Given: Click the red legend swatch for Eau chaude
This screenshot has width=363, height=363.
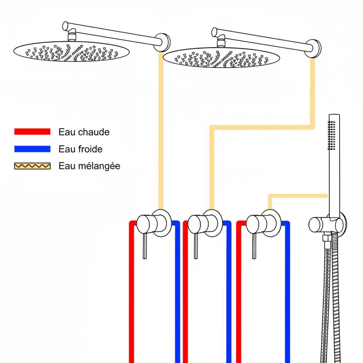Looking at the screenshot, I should coord(32,132).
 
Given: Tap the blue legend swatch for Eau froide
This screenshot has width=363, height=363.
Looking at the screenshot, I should coord(32,149).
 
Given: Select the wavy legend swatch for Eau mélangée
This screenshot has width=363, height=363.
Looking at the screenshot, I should coord(32,166).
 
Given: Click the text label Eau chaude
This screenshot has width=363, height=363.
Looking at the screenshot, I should coord(84,132).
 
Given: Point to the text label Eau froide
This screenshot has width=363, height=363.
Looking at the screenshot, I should coord(80,149).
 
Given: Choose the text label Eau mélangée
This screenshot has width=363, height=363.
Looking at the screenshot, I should coord(89,166).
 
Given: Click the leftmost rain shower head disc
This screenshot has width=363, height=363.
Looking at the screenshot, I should coord(71,52).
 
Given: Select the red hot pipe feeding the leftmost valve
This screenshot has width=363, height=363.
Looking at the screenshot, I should coord(132,294).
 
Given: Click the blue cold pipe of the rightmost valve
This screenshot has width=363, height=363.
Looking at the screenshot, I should coord(287,294).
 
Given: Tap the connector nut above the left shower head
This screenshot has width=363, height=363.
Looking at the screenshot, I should coord(72,37).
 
